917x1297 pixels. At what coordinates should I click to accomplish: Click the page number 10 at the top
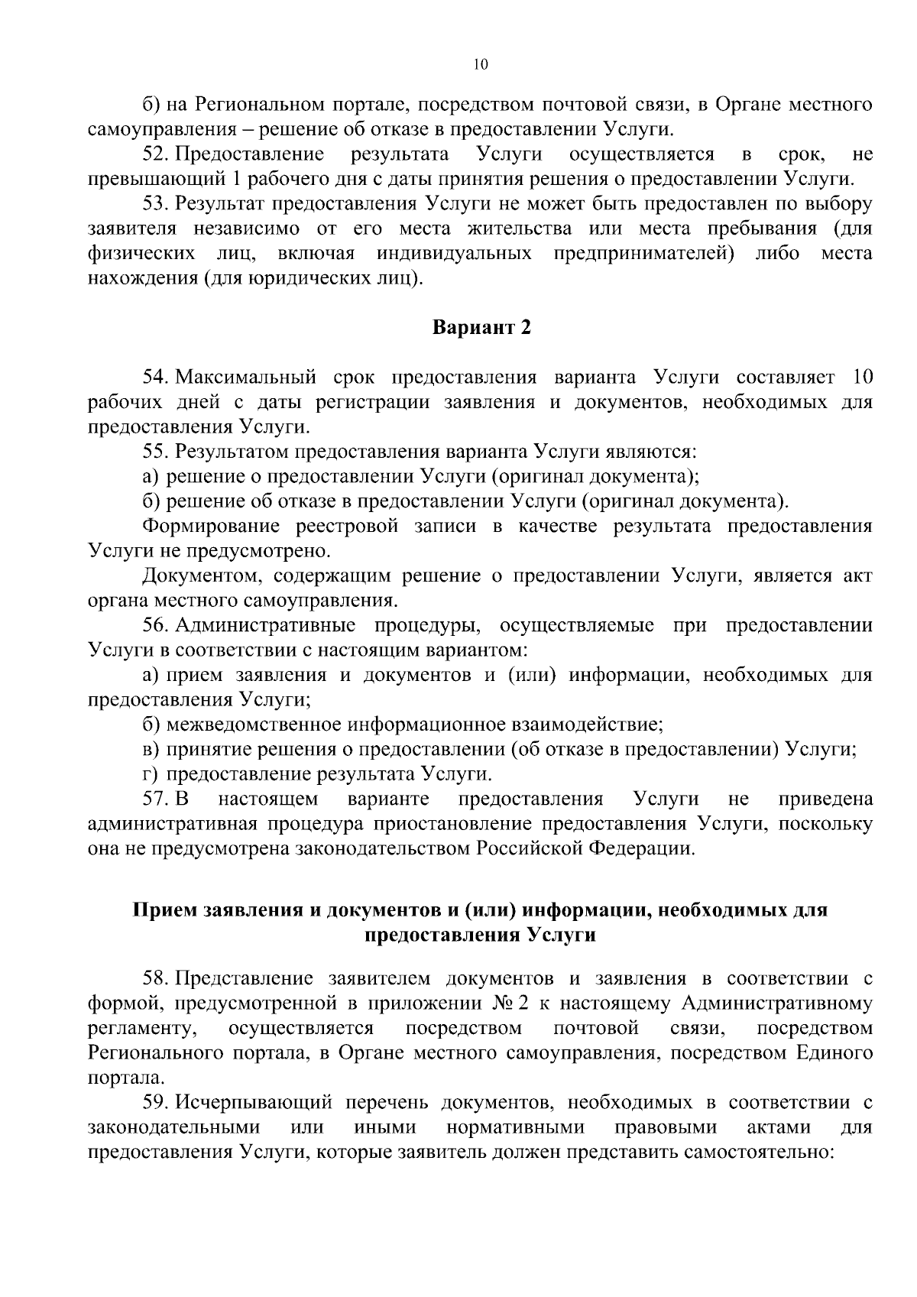pyautogui.click(x=480, y=65)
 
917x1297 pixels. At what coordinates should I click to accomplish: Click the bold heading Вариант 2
pyautogui.click(x=481, y=328)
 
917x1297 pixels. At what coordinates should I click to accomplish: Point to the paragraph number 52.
pyautogui.click(x=155, y=155)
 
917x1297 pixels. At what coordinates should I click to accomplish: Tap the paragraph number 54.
pyautogui.click(x=155, y=378)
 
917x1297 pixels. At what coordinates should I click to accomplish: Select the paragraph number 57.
pyautogui.click(x=155, y=799)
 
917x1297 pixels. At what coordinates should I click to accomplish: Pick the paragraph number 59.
pyautogui.click(x=155, y=1103)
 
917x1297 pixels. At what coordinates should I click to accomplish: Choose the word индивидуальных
pyautogui.click(x=454, y=254)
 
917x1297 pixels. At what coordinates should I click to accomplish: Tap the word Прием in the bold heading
pyautogui.click(x=164, y=910)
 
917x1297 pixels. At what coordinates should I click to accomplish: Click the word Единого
pyautogui.click(x=834, y=1053)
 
